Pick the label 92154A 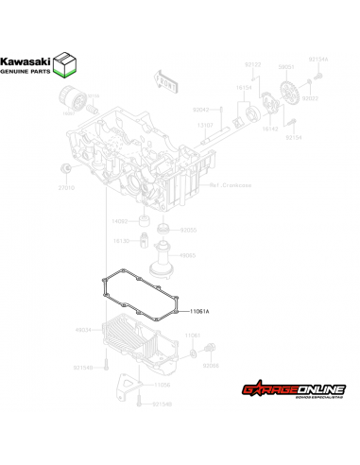(318, 60)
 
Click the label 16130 (121, 241)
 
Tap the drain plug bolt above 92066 (194, 353)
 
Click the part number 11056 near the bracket (163, 385)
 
